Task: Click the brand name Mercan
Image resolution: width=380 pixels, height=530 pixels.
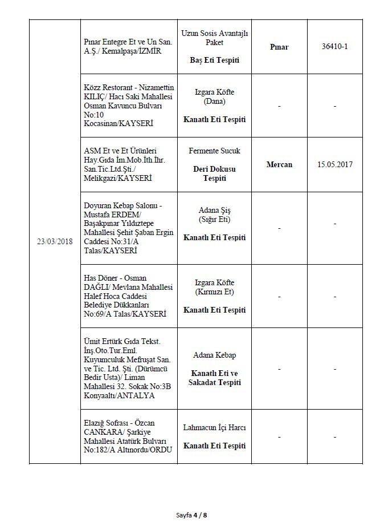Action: click(279, 164)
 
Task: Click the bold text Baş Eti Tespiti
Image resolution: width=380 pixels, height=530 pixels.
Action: click(215, 60)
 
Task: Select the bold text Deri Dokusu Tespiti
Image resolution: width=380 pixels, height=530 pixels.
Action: click(215, 173)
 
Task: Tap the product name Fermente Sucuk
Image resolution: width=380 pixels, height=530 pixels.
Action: click(215, 151)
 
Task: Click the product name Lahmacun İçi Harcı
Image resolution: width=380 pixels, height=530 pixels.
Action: click(215, 427)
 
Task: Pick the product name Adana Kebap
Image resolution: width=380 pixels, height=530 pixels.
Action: click(215, 355)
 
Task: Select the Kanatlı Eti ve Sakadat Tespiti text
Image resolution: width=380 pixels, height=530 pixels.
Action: click(215, 377)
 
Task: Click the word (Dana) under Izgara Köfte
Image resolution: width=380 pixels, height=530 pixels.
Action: click(215, 101)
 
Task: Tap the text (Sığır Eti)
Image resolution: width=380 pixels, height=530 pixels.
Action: click(215, 220)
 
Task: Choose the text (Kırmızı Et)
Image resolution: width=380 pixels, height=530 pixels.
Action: click(215, 292)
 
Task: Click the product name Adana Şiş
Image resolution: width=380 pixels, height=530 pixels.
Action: click(215, 211)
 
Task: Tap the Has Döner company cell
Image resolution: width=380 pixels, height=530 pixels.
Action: click(127, 296)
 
